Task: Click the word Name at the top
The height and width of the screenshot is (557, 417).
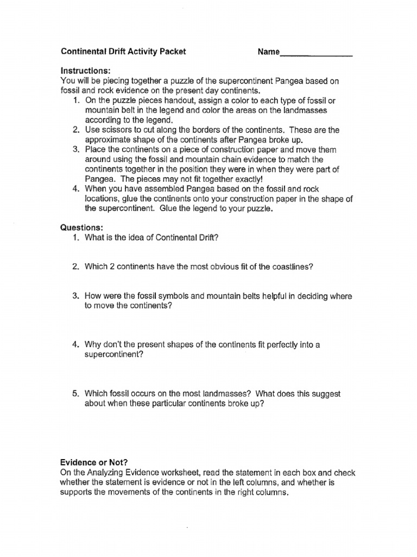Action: click(268, 52)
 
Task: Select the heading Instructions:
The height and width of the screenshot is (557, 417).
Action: click(85, 71)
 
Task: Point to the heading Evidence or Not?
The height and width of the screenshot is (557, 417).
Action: click(94, 463)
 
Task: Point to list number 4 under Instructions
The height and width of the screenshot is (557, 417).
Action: click(75, 189)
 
